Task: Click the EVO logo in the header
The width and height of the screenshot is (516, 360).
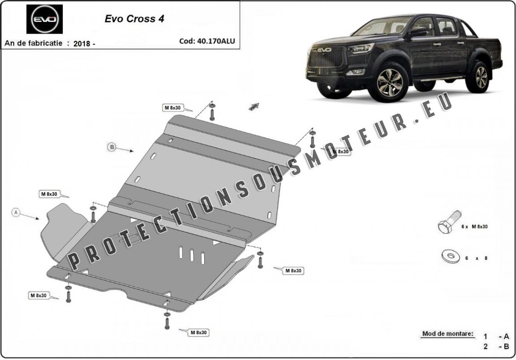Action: (x=44, y=19)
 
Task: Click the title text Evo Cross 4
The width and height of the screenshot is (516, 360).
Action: (x=134, y=19)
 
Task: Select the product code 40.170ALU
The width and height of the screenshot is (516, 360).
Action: (x=215, y=41)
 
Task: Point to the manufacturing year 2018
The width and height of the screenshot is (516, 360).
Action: (x=82, y=43)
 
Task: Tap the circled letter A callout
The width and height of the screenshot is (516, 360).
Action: (x=16, y=212)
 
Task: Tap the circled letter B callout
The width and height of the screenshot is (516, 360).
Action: (x=112, y=147)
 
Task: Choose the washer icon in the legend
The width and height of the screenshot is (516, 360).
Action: (x=450, y=257)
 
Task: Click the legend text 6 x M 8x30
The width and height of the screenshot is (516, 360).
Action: (x=474, y=227)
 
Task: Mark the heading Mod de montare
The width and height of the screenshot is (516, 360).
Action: (x=448, y=334)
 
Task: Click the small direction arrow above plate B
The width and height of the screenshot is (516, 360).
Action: (x=254, y=106)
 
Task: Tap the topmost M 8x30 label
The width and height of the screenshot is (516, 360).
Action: (x=172, y=107)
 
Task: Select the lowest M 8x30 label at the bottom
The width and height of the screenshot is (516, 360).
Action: (x=199, y=333)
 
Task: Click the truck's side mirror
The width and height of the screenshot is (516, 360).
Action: (x=417, y=32)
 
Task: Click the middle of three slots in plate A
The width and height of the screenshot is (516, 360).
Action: (x=192, y=255)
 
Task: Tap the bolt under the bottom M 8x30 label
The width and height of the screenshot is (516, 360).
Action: (x=167, y=320)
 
